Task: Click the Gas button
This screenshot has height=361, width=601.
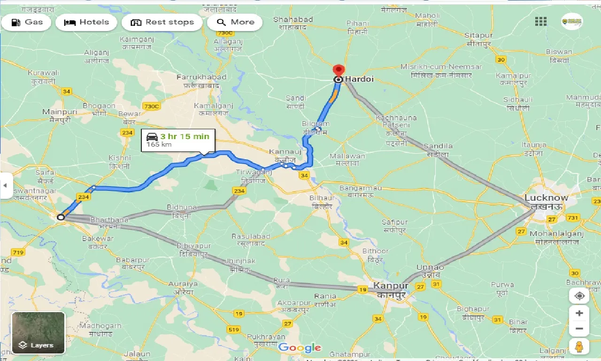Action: tap(26, 22)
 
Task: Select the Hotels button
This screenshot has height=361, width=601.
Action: tap(86, 22)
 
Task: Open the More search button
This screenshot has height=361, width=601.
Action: tap(235, 22)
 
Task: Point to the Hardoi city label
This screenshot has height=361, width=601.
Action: tap(359, 79)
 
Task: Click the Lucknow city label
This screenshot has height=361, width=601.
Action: tap(546, 198)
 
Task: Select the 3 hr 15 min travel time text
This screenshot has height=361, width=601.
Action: tap(184, 136)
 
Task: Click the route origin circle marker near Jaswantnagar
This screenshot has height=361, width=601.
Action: tap(61, 217)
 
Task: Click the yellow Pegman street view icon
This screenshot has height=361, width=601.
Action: tap(579, 347)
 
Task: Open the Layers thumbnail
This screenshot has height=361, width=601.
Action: tap(39, 333)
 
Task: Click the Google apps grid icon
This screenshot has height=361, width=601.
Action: tap(541, 21)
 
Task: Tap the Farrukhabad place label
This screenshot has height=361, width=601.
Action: tap(201, 77)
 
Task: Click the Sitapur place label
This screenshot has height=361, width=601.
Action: tap(478, 36)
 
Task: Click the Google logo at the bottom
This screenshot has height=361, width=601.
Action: tap(300, 348)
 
